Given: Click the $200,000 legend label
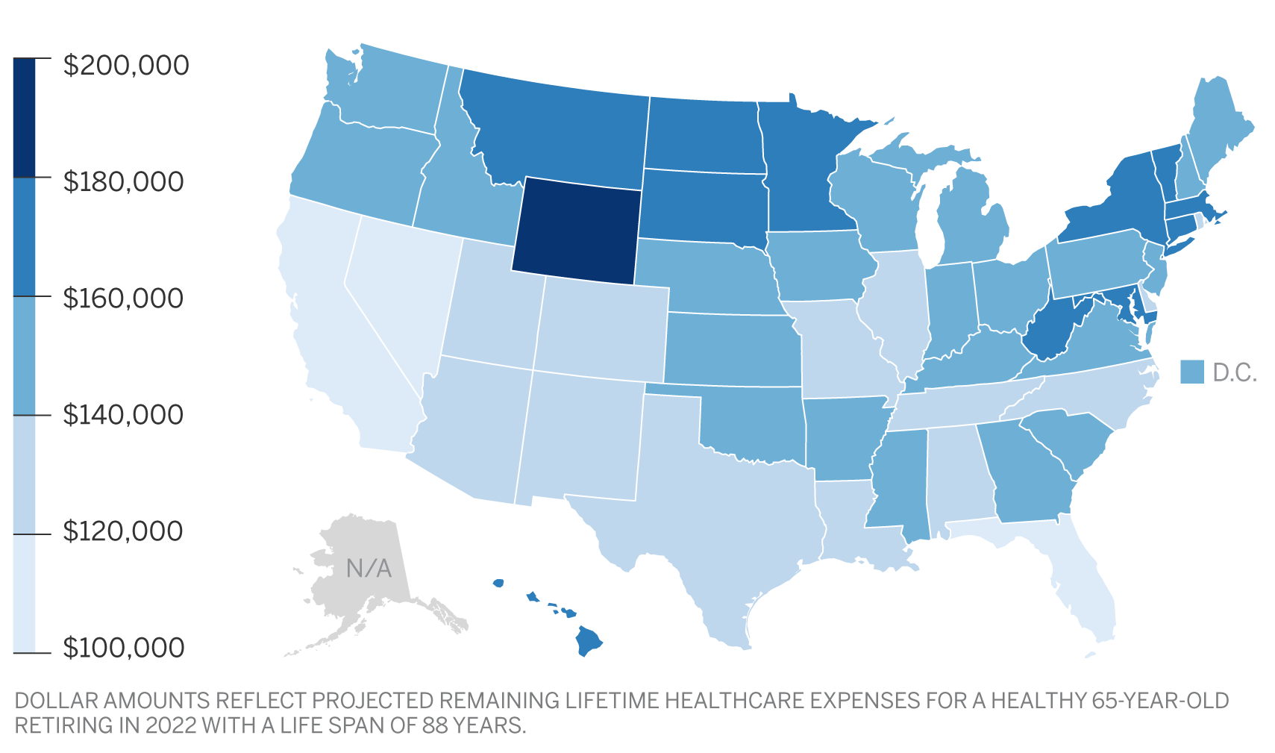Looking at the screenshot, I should click(x=126, y=66).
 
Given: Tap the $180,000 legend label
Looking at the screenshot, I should click(x=123, y=182).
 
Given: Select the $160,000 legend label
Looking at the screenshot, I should click(x=123, y=299).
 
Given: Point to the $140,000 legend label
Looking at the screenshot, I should click(x=123, y=415).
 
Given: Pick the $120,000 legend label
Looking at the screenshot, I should click(x=123, y=531).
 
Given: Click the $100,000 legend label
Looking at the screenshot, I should click(x=123, y=648).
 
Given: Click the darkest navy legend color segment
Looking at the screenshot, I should click(x=24, y=117).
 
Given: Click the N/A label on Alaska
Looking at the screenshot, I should click(x=369, y=569).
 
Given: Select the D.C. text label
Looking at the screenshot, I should click(x=1235, y=372).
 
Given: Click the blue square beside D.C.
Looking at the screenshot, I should click(x=1192, y=372).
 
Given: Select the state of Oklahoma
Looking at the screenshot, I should click(x=754, y=425).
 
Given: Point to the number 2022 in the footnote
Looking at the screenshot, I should click(x=173, y=725).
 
